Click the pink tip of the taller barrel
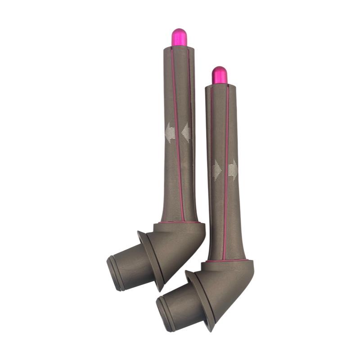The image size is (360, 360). click(x=179, y=37)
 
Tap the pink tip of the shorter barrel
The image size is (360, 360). click(x=220, y=75)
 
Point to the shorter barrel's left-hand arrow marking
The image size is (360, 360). click(x=216, y=170)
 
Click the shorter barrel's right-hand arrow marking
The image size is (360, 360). click(x=233, y=170)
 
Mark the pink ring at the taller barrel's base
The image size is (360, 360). click(x=180, y=222)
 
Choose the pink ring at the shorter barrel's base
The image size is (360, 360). click(x=227, y=260)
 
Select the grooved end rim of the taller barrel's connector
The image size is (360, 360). click(x=112, y=273)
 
